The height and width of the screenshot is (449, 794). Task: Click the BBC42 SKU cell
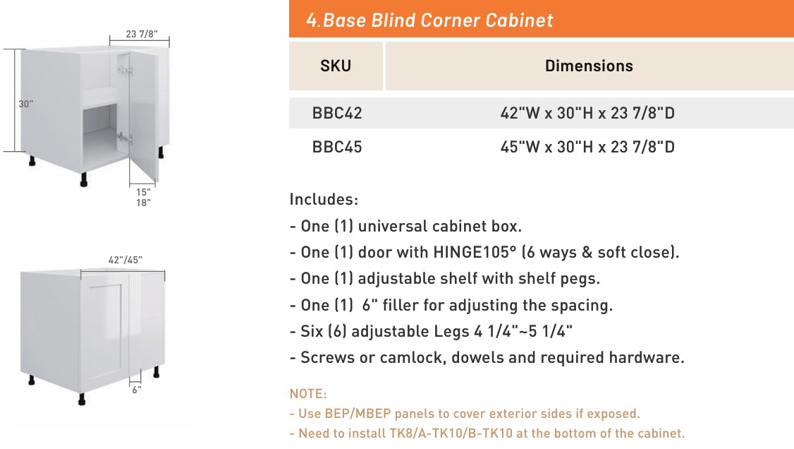[x=337, y=113]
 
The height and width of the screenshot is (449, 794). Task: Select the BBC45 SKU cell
[x=337, y=147]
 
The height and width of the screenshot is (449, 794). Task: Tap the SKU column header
[x=336, y=66]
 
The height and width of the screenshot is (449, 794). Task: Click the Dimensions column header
[x=589, y=66]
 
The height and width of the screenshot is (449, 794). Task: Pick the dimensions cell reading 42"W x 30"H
[x=587, y=113]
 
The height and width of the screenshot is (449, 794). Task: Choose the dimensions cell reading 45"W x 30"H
[x=587, y=147]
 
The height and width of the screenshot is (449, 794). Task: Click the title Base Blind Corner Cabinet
[x=438, y=20]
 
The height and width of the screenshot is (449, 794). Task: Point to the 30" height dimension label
[x=26, y=104]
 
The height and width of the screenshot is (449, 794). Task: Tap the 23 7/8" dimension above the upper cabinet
[x=141, y=34]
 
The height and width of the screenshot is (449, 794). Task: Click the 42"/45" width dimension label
[x=125, y=260]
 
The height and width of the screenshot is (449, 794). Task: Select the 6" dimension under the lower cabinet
[x=137, y=390]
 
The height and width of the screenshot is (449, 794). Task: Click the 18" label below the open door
[x=143, y=203]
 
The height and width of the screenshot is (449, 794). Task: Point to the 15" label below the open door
[x=143, y=192]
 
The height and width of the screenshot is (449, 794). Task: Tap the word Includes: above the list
[x=324, y=199]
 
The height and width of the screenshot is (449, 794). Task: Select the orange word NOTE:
[x=308, y=394]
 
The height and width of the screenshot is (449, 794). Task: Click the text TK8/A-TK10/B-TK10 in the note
[x=451, y=433]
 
